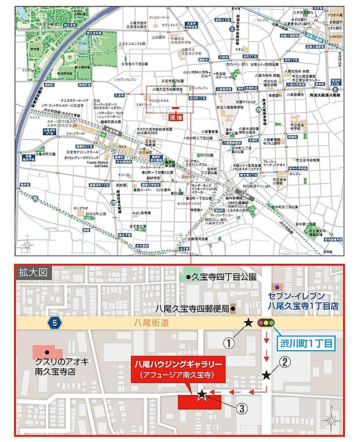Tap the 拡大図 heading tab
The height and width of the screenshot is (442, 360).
pos(31,271)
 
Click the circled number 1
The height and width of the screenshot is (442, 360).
pos(231,343)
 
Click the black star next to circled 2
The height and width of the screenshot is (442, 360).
pos(267,375)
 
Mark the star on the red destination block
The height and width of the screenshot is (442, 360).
pos(201,395)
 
